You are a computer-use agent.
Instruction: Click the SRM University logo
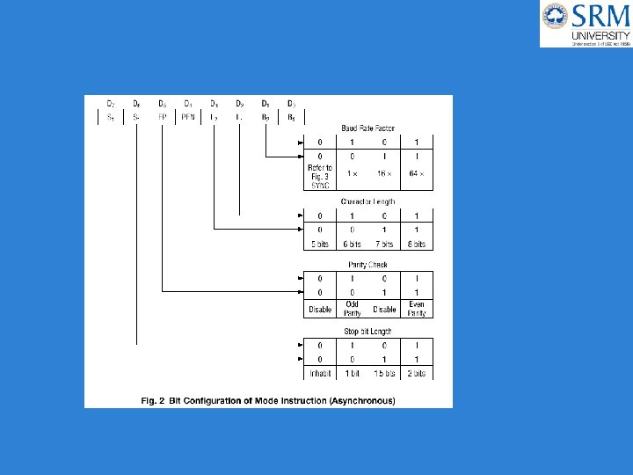[x=586, y=24]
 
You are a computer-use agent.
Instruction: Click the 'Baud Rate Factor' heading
[x=367, y=128]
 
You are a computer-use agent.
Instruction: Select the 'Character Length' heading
[x=367, y=201]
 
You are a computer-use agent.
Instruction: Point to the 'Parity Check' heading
[x=367, y=264]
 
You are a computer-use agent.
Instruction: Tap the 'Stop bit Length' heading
[x=367, y=331]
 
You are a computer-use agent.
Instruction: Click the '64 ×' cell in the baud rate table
[x=417, y=173]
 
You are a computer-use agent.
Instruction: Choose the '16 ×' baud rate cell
[x=384, y=173]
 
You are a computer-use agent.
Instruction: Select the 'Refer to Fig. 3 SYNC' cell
[x=319, y=174]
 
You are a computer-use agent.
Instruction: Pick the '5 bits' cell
[x=319, y=244]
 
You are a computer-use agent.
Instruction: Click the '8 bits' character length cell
[x=417, y=244]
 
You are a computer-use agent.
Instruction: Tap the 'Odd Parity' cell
[x=352, y=309]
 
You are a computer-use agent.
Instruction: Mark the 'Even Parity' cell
[x=417, y=309]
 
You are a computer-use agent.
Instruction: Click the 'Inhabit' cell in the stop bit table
[x=319, y=374]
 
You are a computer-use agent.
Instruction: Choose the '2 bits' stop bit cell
[x=417, y=374]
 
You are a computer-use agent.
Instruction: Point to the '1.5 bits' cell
[x=384, y=374]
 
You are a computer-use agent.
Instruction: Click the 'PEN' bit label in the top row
[x=188, y=116]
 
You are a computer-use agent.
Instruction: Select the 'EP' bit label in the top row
[x=163, y=116]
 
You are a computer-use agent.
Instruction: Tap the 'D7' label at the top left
[x=111, y=103]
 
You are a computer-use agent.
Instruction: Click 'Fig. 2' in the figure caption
[x=154, y=401]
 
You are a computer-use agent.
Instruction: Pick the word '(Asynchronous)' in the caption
[x=362, y=401]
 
